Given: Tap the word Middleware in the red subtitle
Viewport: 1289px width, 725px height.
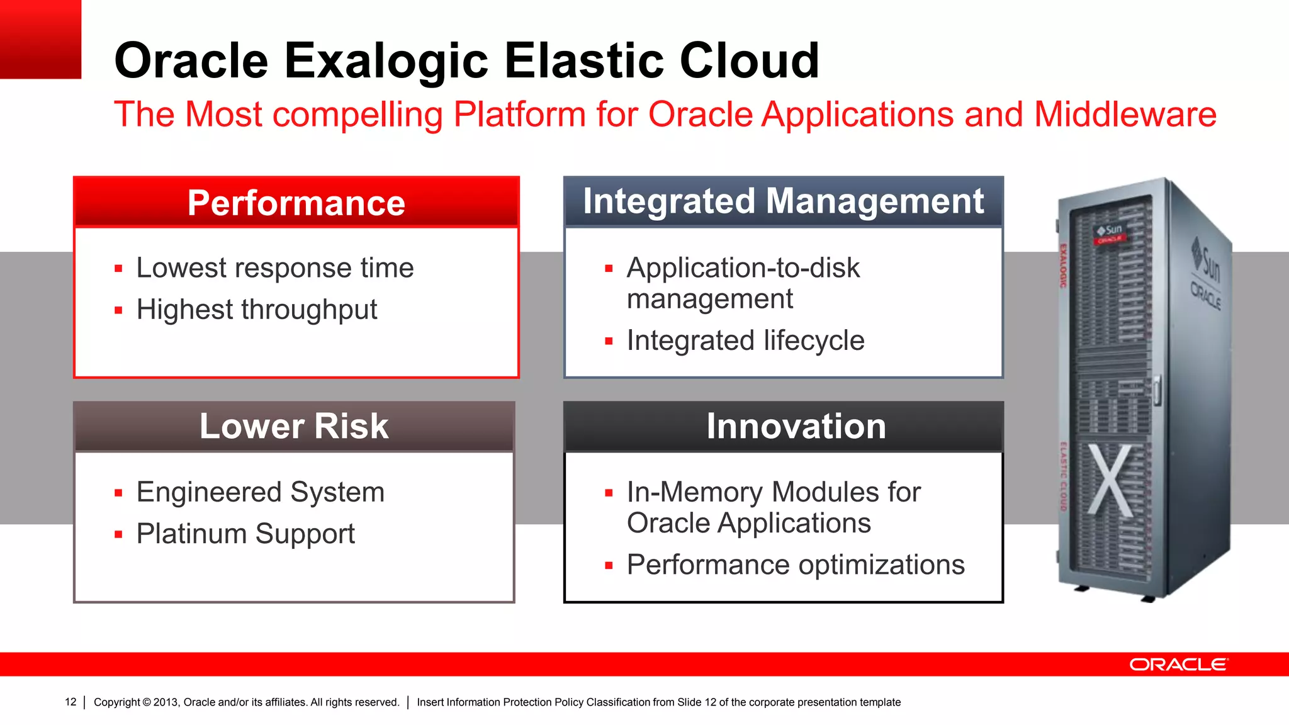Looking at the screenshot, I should coord(1125,115).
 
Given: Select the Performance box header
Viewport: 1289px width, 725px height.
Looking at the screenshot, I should coord(296,203).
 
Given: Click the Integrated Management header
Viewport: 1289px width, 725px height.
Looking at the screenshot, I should coord(783,201).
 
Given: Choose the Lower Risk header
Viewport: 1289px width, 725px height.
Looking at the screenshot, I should coord(294,426).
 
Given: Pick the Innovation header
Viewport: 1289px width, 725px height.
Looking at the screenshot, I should coord(796,426).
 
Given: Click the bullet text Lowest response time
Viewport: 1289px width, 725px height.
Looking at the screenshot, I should coord(275,268).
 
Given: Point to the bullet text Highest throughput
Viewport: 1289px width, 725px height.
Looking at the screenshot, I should coord(257,310).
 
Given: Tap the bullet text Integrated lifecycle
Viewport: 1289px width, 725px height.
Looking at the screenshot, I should coord(745,340).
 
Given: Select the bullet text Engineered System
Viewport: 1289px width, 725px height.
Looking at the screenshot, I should coord(261,492).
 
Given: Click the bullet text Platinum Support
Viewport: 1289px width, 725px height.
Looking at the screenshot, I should coord(245,534).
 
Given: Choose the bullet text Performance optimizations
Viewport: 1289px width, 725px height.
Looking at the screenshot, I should coord(796,565).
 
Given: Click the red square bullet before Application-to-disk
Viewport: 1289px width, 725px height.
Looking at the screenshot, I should coord(609,269).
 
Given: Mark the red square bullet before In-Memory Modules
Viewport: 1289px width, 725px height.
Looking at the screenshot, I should coord(609,493).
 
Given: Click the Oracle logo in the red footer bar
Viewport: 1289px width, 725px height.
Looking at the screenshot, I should coord(1178,665).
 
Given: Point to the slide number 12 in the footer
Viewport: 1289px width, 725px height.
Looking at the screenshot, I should coord(70,702).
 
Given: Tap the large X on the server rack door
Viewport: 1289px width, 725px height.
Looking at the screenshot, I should coord(1110,480).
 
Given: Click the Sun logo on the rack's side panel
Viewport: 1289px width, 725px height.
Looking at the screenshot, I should coord(1207,261).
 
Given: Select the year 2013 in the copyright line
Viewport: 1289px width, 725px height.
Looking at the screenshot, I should coord(166,702).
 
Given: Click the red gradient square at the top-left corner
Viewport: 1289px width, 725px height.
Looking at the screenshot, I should coord(40,39).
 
